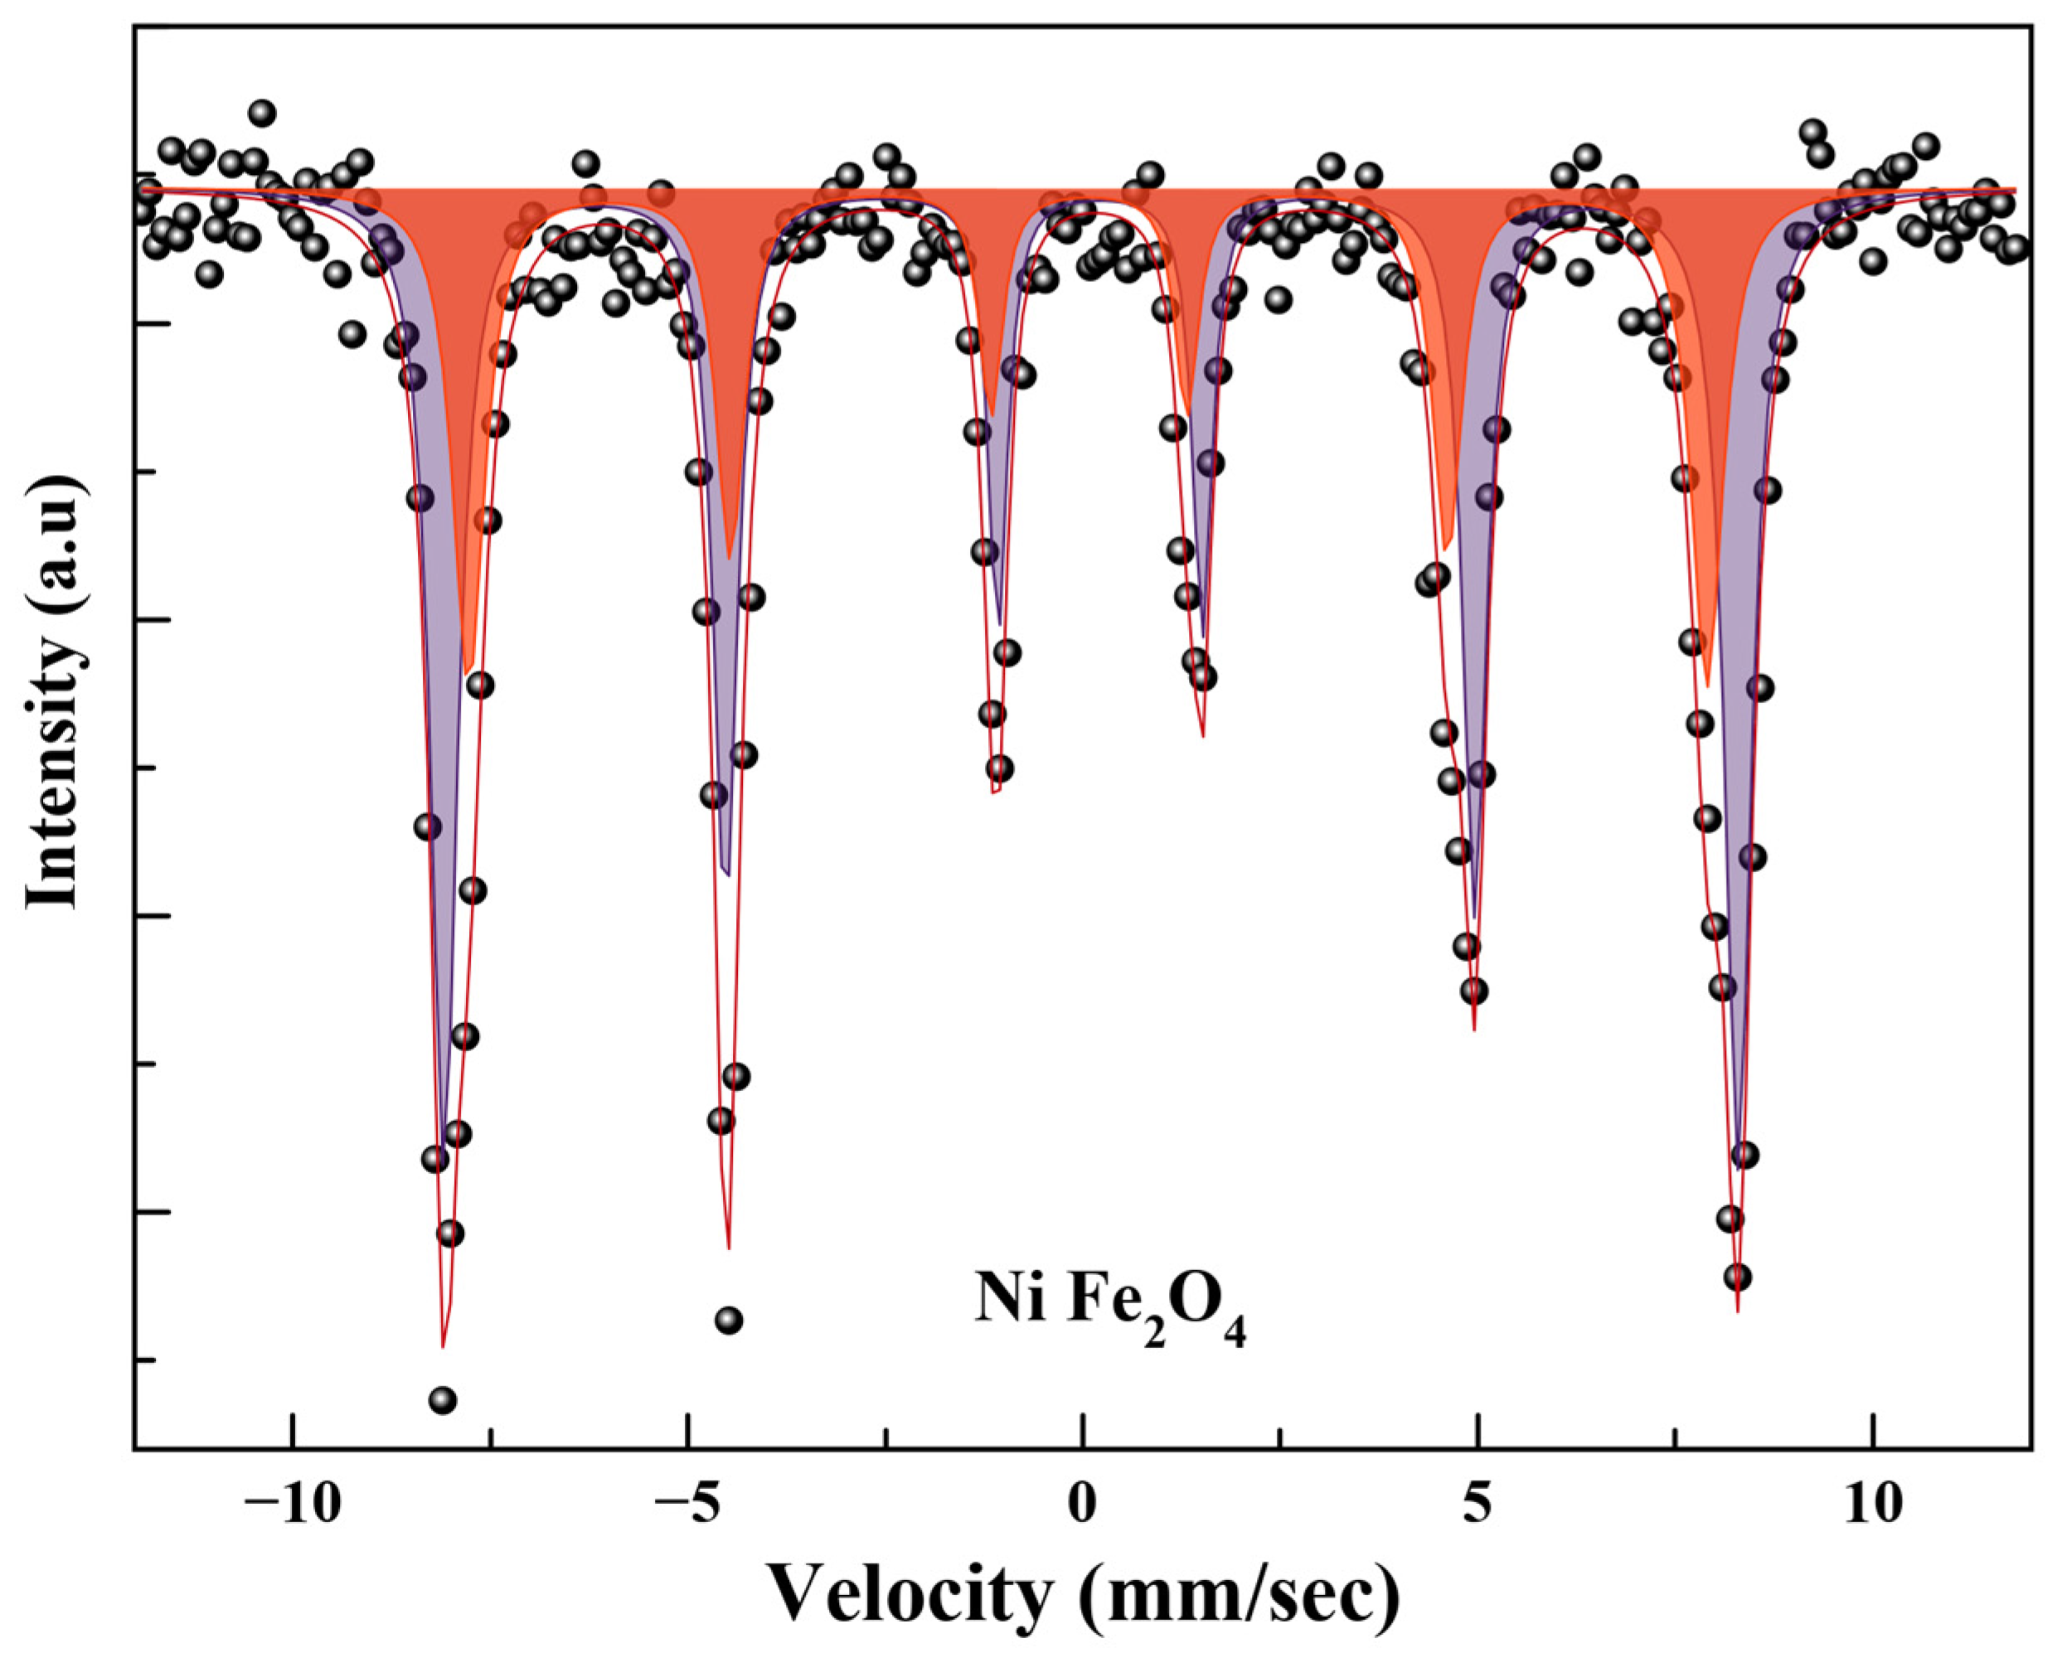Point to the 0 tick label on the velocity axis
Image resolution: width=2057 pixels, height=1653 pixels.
point(1081,1505)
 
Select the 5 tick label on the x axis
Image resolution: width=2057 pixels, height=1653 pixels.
point(1477,1505)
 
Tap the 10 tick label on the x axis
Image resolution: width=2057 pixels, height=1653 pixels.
point(1872,1505)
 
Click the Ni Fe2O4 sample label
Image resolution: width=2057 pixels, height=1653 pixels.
point(1109,1305)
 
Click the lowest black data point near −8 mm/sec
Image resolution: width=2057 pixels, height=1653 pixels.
point(443,1400)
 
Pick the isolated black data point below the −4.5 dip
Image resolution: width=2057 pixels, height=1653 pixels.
point(729,1320)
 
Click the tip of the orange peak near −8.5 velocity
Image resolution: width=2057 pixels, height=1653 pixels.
point(468,673)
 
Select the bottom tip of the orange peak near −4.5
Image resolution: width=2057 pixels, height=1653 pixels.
point(729,559)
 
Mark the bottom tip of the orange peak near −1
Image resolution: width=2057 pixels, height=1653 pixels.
point(992,416)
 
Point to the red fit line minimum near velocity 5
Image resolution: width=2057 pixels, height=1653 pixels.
point(1475,1030)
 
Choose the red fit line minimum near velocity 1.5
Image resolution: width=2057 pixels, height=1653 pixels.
point(1202,735)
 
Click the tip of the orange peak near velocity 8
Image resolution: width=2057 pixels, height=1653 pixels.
point(1708,686)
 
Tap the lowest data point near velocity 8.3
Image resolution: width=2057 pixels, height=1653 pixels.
point(1736,1277)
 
